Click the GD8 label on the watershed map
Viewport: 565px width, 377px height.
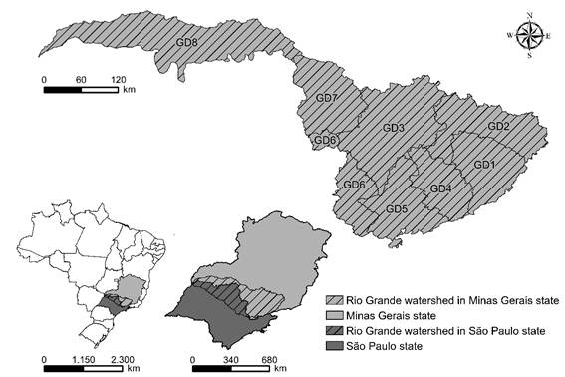coord(186,43)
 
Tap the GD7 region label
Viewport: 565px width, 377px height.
coord(327,98)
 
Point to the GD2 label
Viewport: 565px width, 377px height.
coord(498,126)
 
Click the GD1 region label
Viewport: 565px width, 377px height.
coord(484,164)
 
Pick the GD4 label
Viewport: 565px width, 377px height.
coord(440,188)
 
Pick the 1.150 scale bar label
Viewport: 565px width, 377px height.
coord(84,356)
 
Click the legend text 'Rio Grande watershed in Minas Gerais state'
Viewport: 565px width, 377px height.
coord(444,299)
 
